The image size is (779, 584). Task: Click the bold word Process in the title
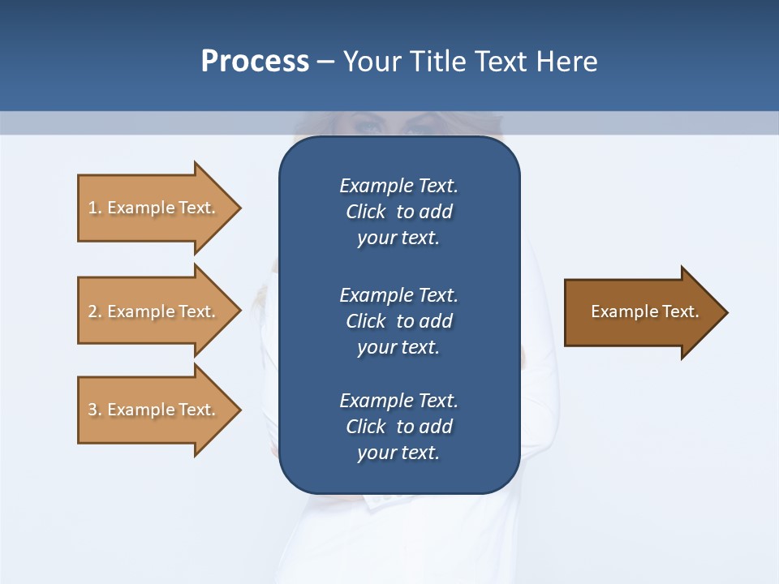point(255,62)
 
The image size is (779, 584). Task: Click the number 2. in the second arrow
point(94,311)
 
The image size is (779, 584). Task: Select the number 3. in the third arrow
point(94,410)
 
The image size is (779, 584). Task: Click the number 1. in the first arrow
point(94,208)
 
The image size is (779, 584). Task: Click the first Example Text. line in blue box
point(398,186)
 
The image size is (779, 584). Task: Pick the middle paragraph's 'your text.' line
point(398,347)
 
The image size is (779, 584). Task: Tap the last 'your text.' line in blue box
point(398,453)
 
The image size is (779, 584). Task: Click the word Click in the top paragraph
point(365,212)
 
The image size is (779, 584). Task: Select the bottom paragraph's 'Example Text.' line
point(398,401)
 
